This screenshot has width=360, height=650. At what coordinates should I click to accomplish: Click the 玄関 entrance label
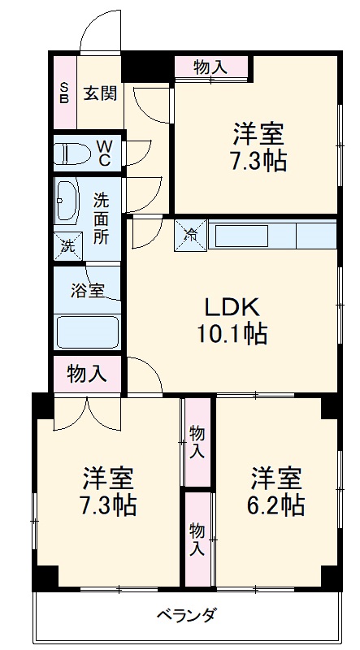pyautogui.click(x=100, y=93)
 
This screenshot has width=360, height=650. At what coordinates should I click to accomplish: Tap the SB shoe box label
pyautogui.click(x=64, y=92)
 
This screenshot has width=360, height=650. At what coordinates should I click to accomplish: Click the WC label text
pyautogui.click(x=105, y=153)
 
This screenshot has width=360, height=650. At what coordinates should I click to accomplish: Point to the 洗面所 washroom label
pyautogui.click(x=101, y=218)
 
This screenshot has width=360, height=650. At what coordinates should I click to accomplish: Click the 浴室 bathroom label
pyautogui.click(x=86, y=290)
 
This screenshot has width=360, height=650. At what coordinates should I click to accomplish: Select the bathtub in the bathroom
pyautogui.click(x=87, y=331)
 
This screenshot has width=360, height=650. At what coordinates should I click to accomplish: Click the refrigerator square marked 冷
pyautogui.click(x=192, y=236)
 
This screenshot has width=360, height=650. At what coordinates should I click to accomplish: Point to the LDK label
pyautogui.click(x=231, y=307)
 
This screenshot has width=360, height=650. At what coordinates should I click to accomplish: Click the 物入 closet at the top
pyautogui.click(x=210, y=68)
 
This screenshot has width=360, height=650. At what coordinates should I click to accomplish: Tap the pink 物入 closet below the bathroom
pyautogui.click(x=87, y=374)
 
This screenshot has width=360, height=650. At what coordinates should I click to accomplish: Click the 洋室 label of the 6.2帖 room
pyautogui.click(x=277, y=476)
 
